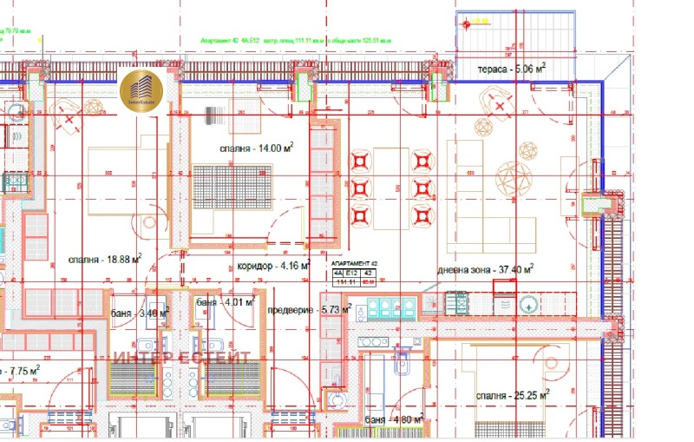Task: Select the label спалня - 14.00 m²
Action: tap(256, 148)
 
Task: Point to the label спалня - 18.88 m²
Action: tap(105, 259)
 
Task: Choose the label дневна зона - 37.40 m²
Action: tap(485, 269)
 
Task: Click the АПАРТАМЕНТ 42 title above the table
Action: tap(355, 261)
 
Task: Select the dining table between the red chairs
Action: tap(385, 187)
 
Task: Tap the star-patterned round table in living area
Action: tap(519, 177)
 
